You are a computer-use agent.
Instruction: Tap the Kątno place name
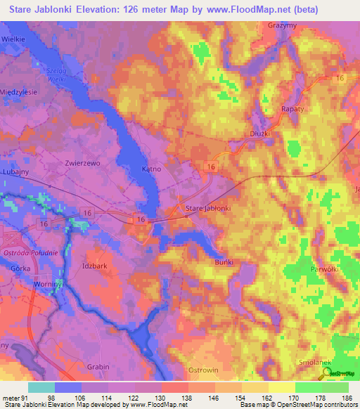[x=151, y=169]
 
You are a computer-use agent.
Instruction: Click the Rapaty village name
[x=292, y=110]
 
